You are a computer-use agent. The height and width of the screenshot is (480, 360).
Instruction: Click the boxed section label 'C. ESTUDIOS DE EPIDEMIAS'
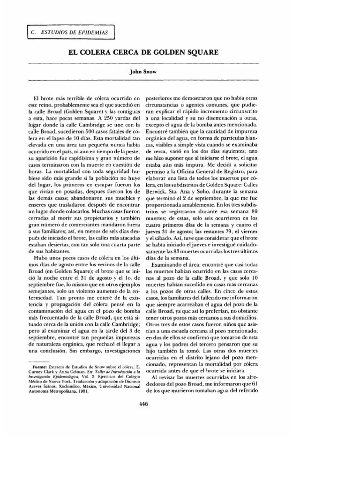click(66, 32)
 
